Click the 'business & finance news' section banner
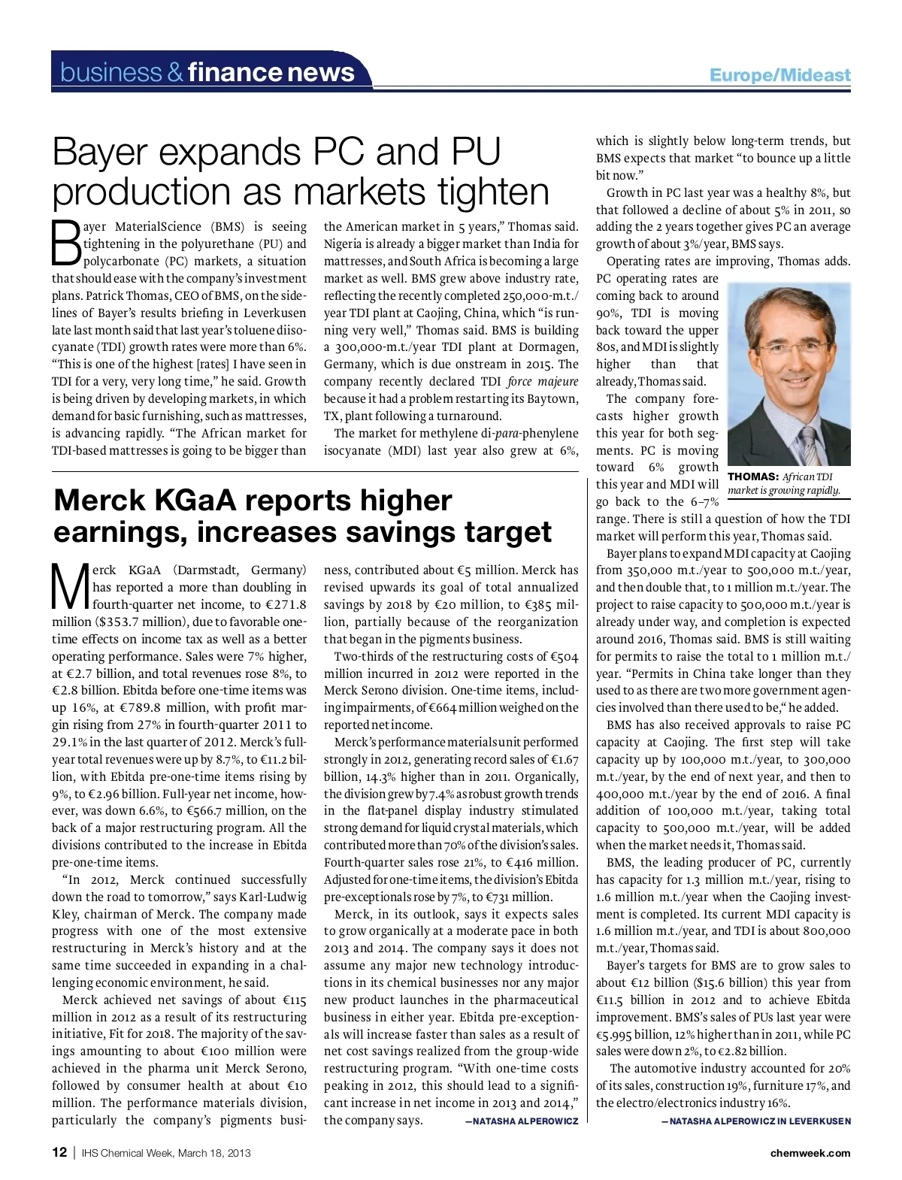207,72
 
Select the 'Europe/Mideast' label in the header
779,75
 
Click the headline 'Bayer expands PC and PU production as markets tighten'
301,171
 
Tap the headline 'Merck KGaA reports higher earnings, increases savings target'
302,516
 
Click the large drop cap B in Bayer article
66,242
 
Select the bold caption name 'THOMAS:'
752,477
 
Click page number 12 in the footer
59,1152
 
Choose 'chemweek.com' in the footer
810,1153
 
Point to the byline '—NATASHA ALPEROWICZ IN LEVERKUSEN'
755,1121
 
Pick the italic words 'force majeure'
543,381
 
